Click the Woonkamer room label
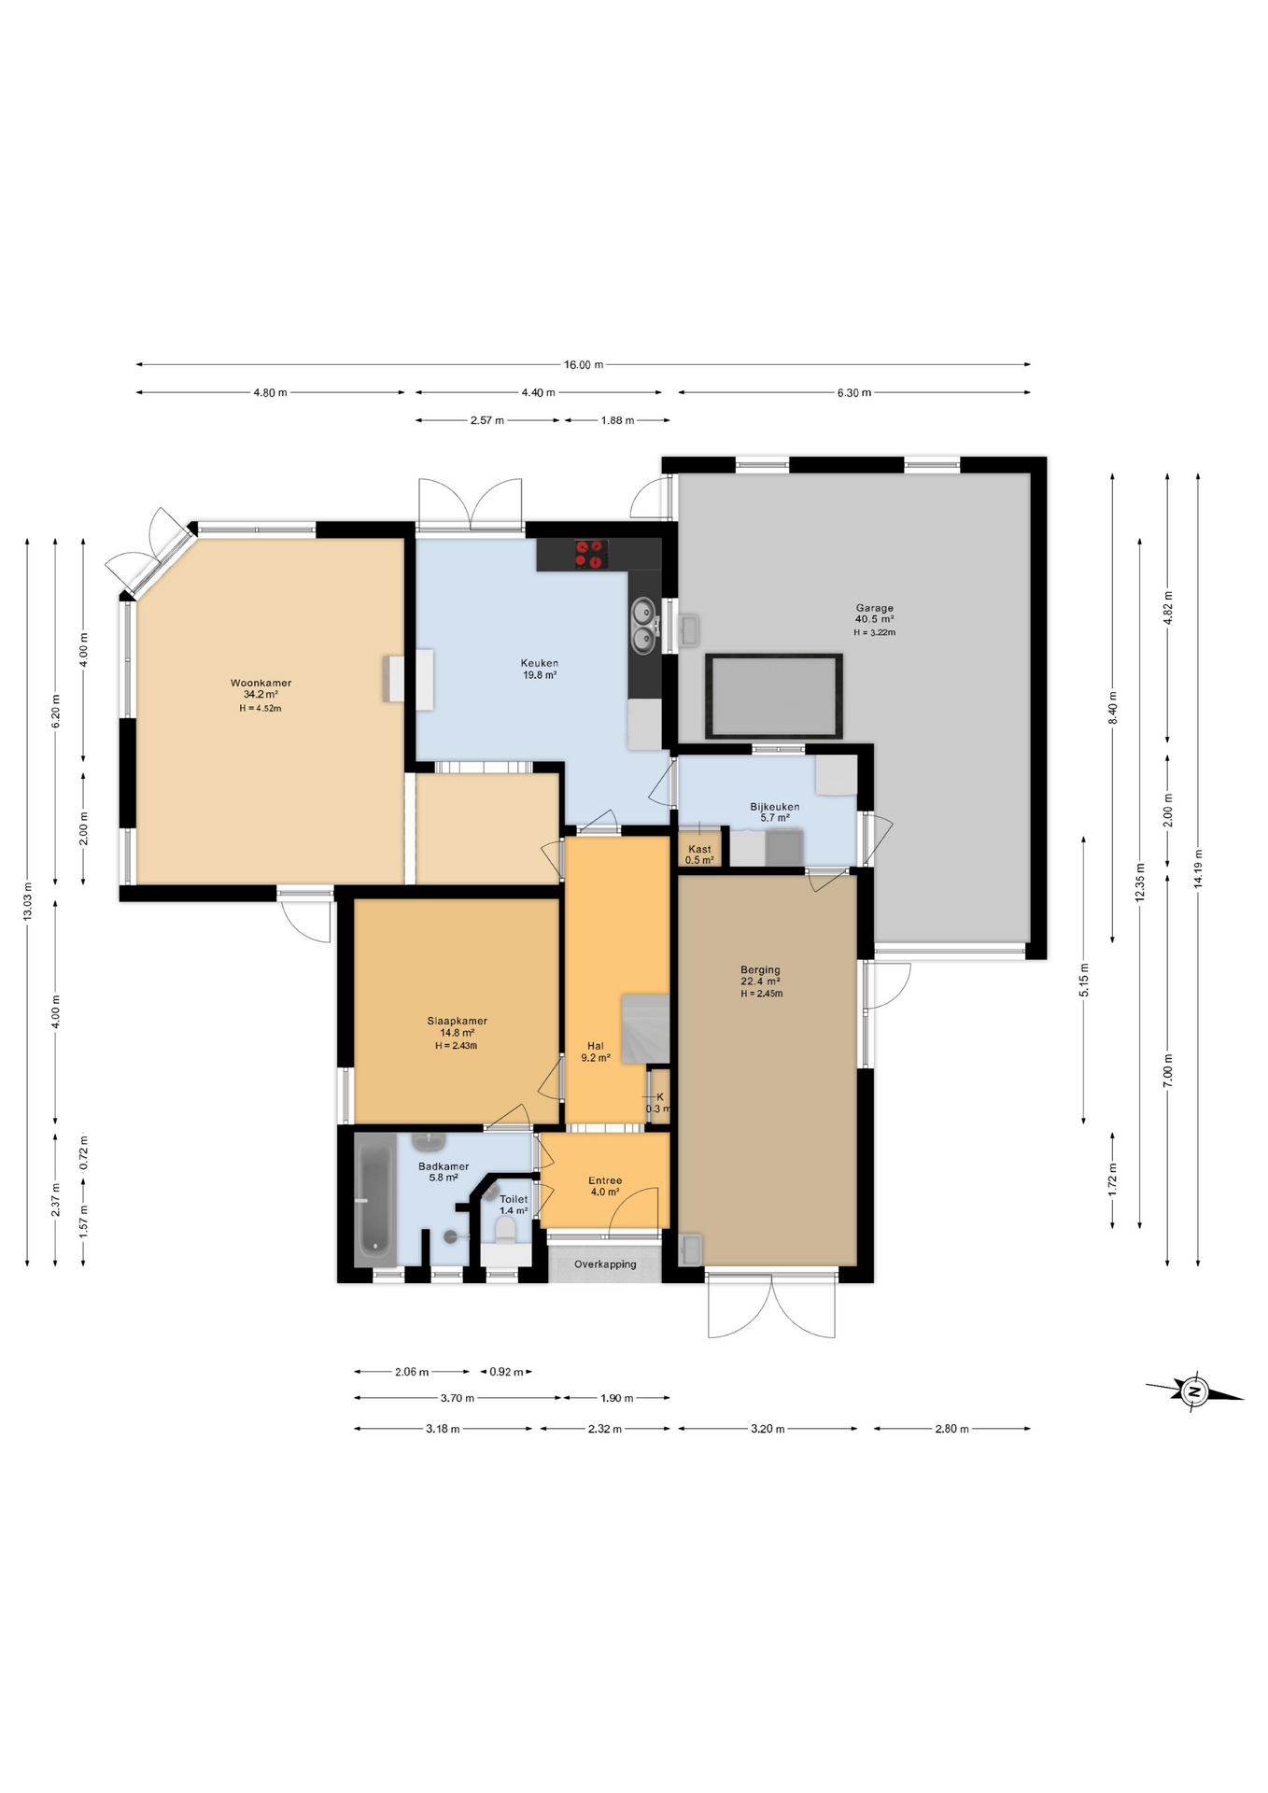pos(261,684)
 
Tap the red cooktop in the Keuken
pos(589,555)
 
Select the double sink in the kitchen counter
pos(643,626)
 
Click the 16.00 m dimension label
pos(583,365)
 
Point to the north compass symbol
pos(1194,1392)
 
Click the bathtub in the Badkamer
pos(374,1199)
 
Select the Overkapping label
pos(605,1264)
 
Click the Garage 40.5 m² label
pos(874,614)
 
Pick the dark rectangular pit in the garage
pos(773,696)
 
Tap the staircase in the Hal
pos(645,1028)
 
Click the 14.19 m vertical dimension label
pos(1198,868)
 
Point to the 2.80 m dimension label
pos(951,1429)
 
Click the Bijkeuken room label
pos(774,807)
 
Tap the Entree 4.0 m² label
pos(605,1186)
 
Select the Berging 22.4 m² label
pos(760,975)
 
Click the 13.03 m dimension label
pos(27,901)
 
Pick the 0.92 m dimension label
pos(506,1372)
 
